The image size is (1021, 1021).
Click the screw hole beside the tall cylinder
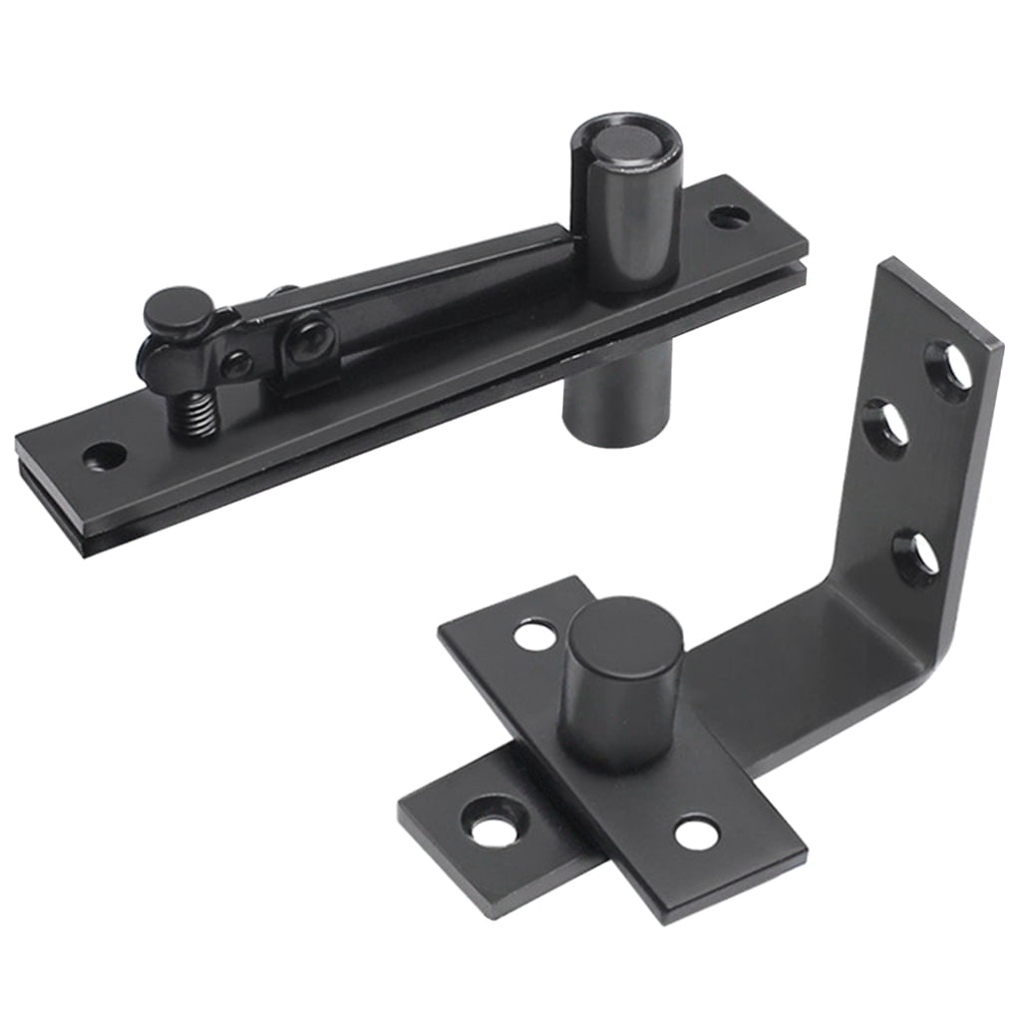pyautogui.click(x=729, y=215)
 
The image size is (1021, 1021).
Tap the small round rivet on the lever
pyautogui.click(x=235, y=365)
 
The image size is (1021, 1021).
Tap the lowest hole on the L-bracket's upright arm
pyautogui.click(x=917, y=556)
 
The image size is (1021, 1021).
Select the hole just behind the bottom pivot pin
pyautogui.click(x=536, y=635)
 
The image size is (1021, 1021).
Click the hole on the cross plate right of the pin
pyautogui.click(x=697, y=832)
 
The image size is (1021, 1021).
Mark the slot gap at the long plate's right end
pyautogui.click(x=788, y=261)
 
